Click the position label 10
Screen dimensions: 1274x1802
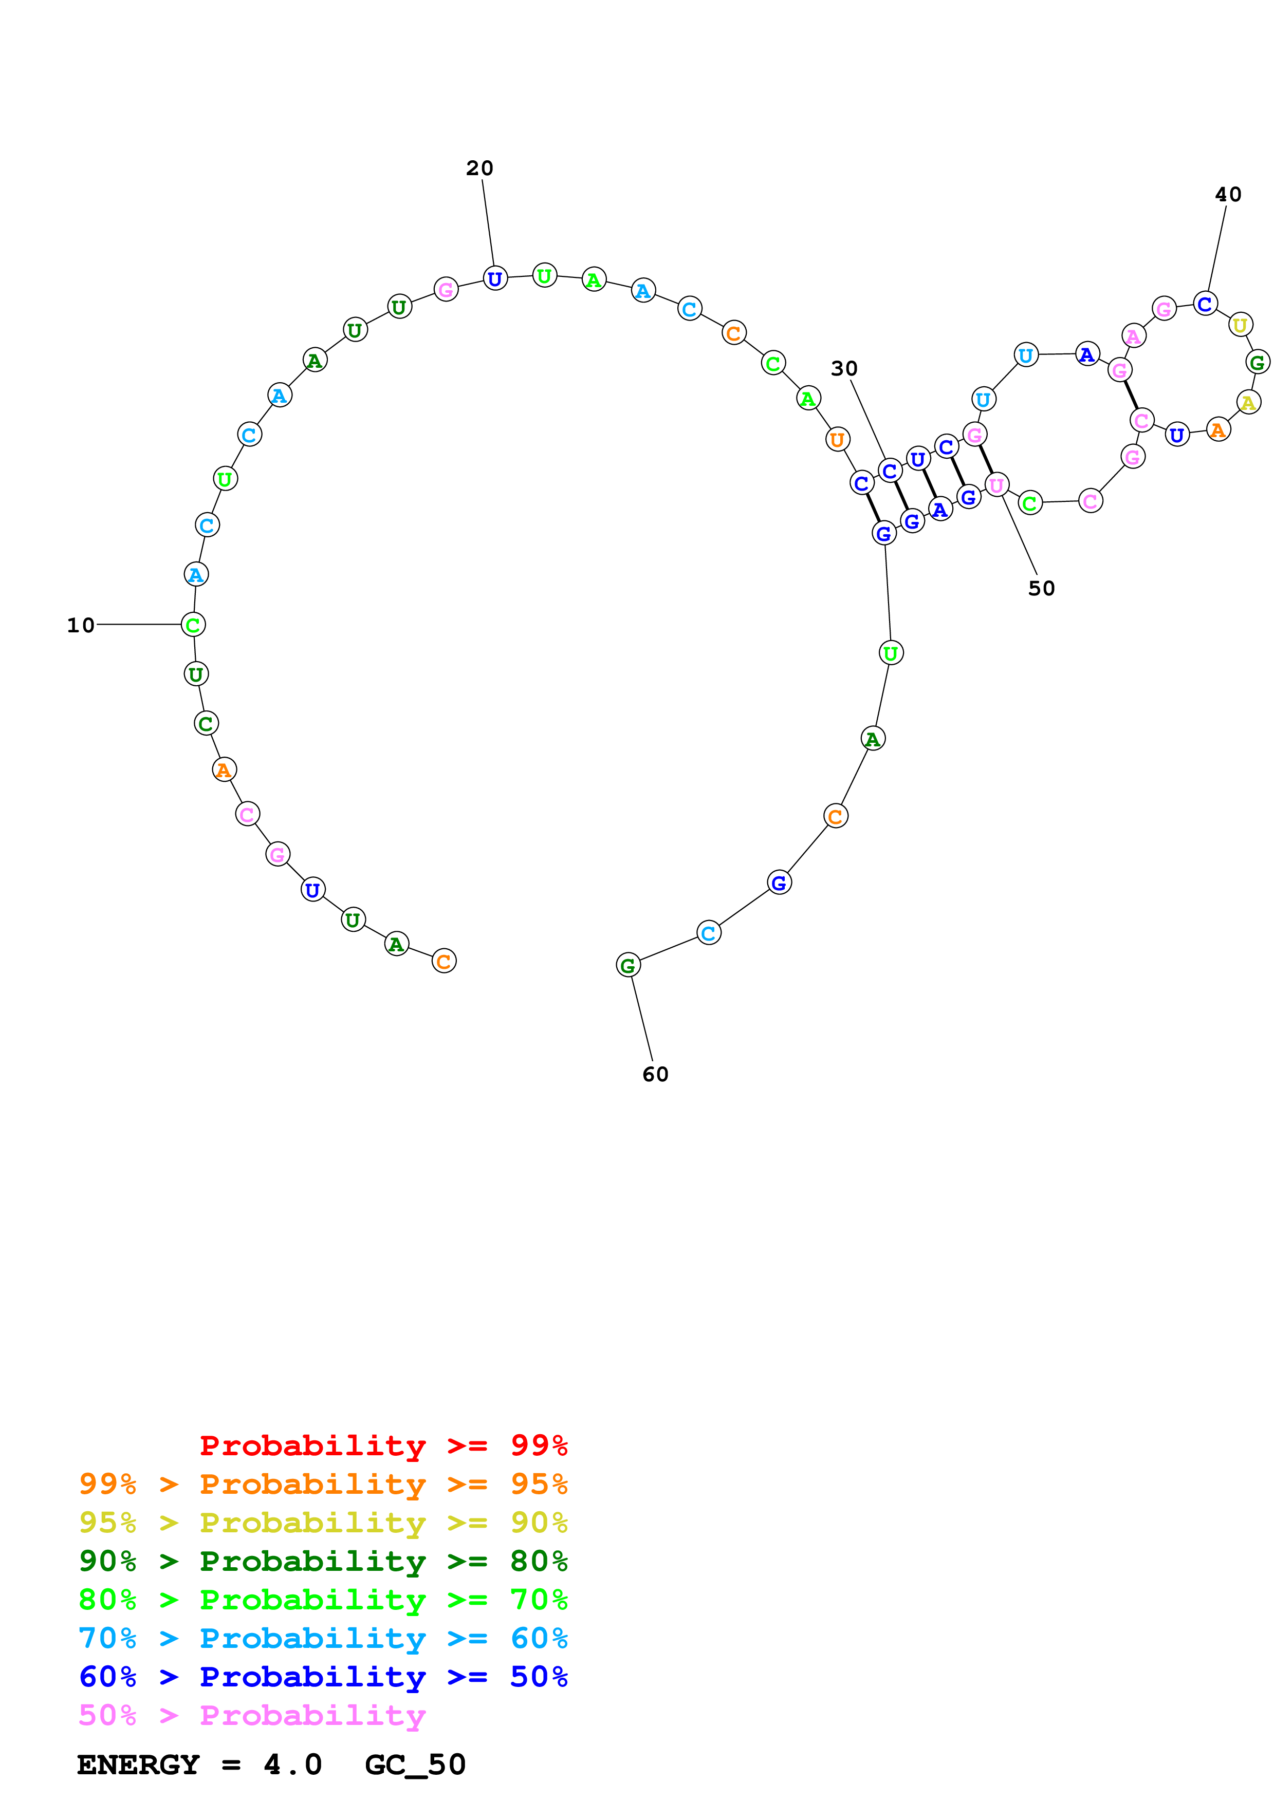tap(80, 626)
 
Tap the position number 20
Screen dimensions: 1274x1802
tap(479, 168)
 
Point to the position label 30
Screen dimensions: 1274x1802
tap(844, 368)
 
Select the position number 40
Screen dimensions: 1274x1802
tap(1228, 195)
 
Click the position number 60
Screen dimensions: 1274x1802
tap(655, 1075)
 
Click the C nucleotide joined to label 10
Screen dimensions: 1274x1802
tap(193, 625)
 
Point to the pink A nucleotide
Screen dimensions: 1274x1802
tap(1133, 336)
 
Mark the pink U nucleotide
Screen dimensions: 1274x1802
tap(996, 486)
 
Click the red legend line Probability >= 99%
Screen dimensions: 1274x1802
tap(383, 1446)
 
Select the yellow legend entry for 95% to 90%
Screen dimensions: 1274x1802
tap(323, 1523)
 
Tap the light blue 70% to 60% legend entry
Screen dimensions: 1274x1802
tap(323, 1638)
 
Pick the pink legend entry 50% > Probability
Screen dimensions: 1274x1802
tap(252, 1715)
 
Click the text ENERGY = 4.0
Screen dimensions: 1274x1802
tap(199, 1765)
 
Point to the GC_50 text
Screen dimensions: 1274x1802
tap(415, 1765)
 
